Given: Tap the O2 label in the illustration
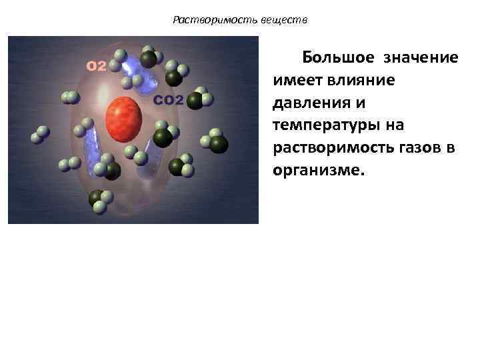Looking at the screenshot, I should [x=97, y=65].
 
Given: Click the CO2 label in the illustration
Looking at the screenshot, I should [x=169, y=101].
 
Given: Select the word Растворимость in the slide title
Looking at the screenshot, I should [x=208, y=20].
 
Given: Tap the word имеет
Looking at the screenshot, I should [x=298, y=80].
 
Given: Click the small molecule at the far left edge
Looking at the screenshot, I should [x=39, y=135].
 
